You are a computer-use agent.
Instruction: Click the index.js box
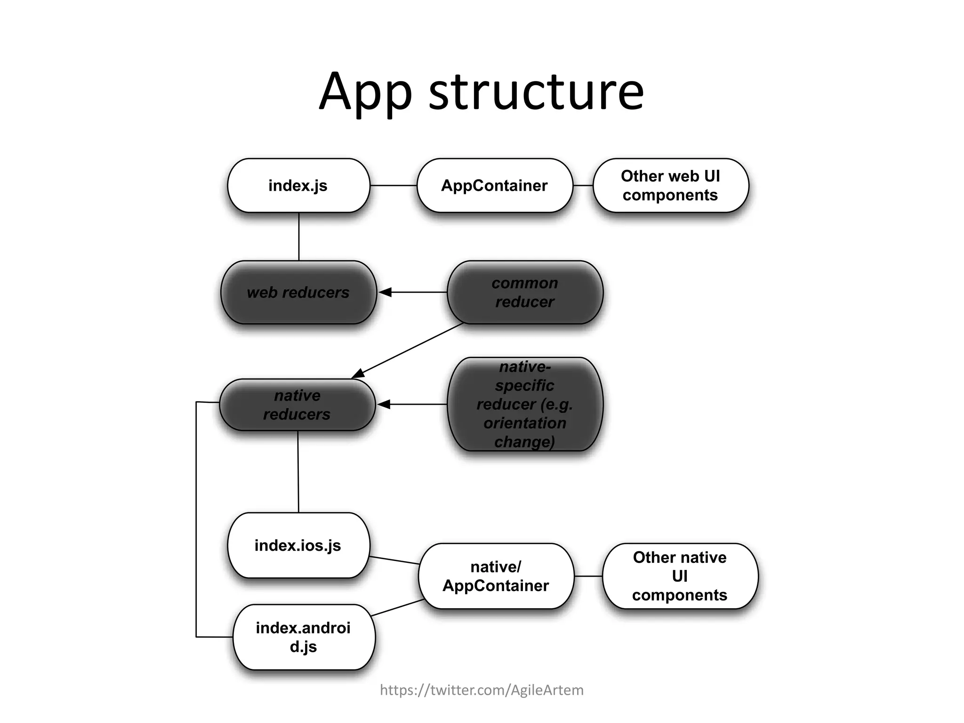298,185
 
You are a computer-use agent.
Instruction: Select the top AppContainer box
494,185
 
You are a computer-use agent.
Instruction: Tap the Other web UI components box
670,185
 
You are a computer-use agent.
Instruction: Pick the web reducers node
298,292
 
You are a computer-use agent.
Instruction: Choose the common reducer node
524,292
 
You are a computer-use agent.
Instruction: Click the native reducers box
297,405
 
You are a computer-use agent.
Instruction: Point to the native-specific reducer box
524,404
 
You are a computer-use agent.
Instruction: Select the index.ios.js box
298,545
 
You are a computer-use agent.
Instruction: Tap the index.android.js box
304,637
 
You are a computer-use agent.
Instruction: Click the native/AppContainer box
496,576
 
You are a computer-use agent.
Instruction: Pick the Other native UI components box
680,576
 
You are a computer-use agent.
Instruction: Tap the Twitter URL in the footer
482,690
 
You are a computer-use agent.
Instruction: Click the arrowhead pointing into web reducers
386,292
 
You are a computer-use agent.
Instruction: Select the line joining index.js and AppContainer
394,185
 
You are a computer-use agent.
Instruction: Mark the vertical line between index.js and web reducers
299,236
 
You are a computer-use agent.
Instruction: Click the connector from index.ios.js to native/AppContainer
394,560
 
